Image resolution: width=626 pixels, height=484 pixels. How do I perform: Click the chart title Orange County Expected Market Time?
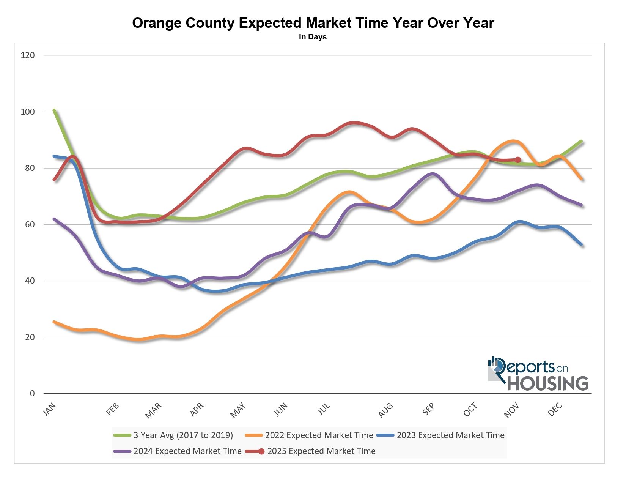[x=313, y=23]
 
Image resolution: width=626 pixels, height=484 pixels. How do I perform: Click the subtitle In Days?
[x=313, y=37]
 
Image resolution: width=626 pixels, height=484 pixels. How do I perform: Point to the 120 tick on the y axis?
[x=28, y=55]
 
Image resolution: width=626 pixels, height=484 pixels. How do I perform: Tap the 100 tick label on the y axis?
[x=28, y=112]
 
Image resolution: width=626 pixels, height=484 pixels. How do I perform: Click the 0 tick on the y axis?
[x=32, y=394]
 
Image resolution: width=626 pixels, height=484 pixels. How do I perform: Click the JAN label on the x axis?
[x=50, y=410]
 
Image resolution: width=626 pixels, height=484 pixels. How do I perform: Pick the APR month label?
[x=197, y=410]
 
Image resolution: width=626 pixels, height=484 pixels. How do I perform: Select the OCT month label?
[x=470, y=410]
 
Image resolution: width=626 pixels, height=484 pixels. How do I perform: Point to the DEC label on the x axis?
[x=555, y=410]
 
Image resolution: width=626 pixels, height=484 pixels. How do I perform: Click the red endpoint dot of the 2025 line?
[x=518, y=160]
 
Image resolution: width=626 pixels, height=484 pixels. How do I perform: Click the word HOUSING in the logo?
[x=548, y=383]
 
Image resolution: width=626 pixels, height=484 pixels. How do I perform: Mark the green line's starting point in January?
[x=54, y=110]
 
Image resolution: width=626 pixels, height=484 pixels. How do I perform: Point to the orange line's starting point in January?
[x=54, y=322]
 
